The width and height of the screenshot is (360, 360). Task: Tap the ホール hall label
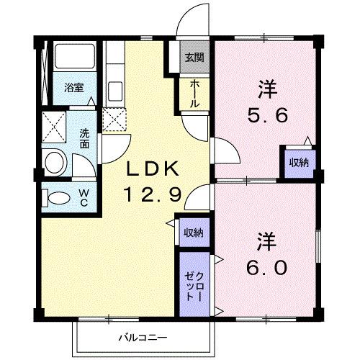(x=195, y=94)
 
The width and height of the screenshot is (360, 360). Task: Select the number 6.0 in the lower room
(x=269, y=267)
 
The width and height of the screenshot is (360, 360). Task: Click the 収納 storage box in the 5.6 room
(x=298, y=162)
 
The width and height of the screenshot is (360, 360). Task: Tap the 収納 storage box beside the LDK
(x=192, y=232)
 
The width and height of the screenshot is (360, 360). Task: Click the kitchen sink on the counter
(x=114, y=92)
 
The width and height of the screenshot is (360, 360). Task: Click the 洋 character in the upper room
(x=267, y=89)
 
